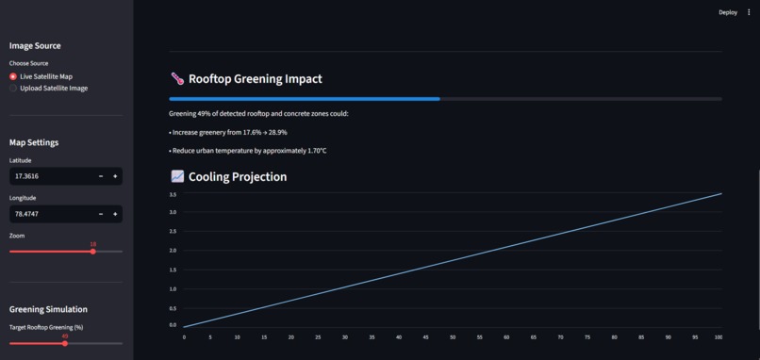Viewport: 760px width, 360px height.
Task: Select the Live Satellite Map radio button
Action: click(13, 76)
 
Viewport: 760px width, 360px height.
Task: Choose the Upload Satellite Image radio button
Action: click(13, 89)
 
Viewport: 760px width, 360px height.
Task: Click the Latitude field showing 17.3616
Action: click(52, 176)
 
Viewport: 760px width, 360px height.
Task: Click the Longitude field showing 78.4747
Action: click(52, 214)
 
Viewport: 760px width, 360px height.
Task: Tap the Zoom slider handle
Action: click(92, 252)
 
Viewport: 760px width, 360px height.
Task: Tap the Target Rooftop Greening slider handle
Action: click(65, 343)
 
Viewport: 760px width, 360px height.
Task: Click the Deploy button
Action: click(727, 12)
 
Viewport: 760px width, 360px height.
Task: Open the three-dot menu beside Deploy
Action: click(749, 12)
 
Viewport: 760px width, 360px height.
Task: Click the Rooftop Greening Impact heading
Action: click(255, 79)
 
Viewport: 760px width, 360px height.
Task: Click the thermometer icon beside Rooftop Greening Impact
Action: click(177, 79)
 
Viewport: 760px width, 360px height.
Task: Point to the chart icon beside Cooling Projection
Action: click(177, 176)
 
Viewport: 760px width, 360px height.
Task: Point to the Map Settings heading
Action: click(34, 142)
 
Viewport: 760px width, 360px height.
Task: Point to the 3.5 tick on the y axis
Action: click(173, 194)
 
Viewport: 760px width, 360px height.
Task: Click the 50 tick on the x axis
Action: click(452, 336)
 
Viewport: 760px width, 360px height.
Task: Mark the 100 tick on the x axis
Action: click(719, 336)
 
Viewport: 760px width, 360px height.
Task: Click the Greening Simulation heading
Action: click(48, 309)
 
